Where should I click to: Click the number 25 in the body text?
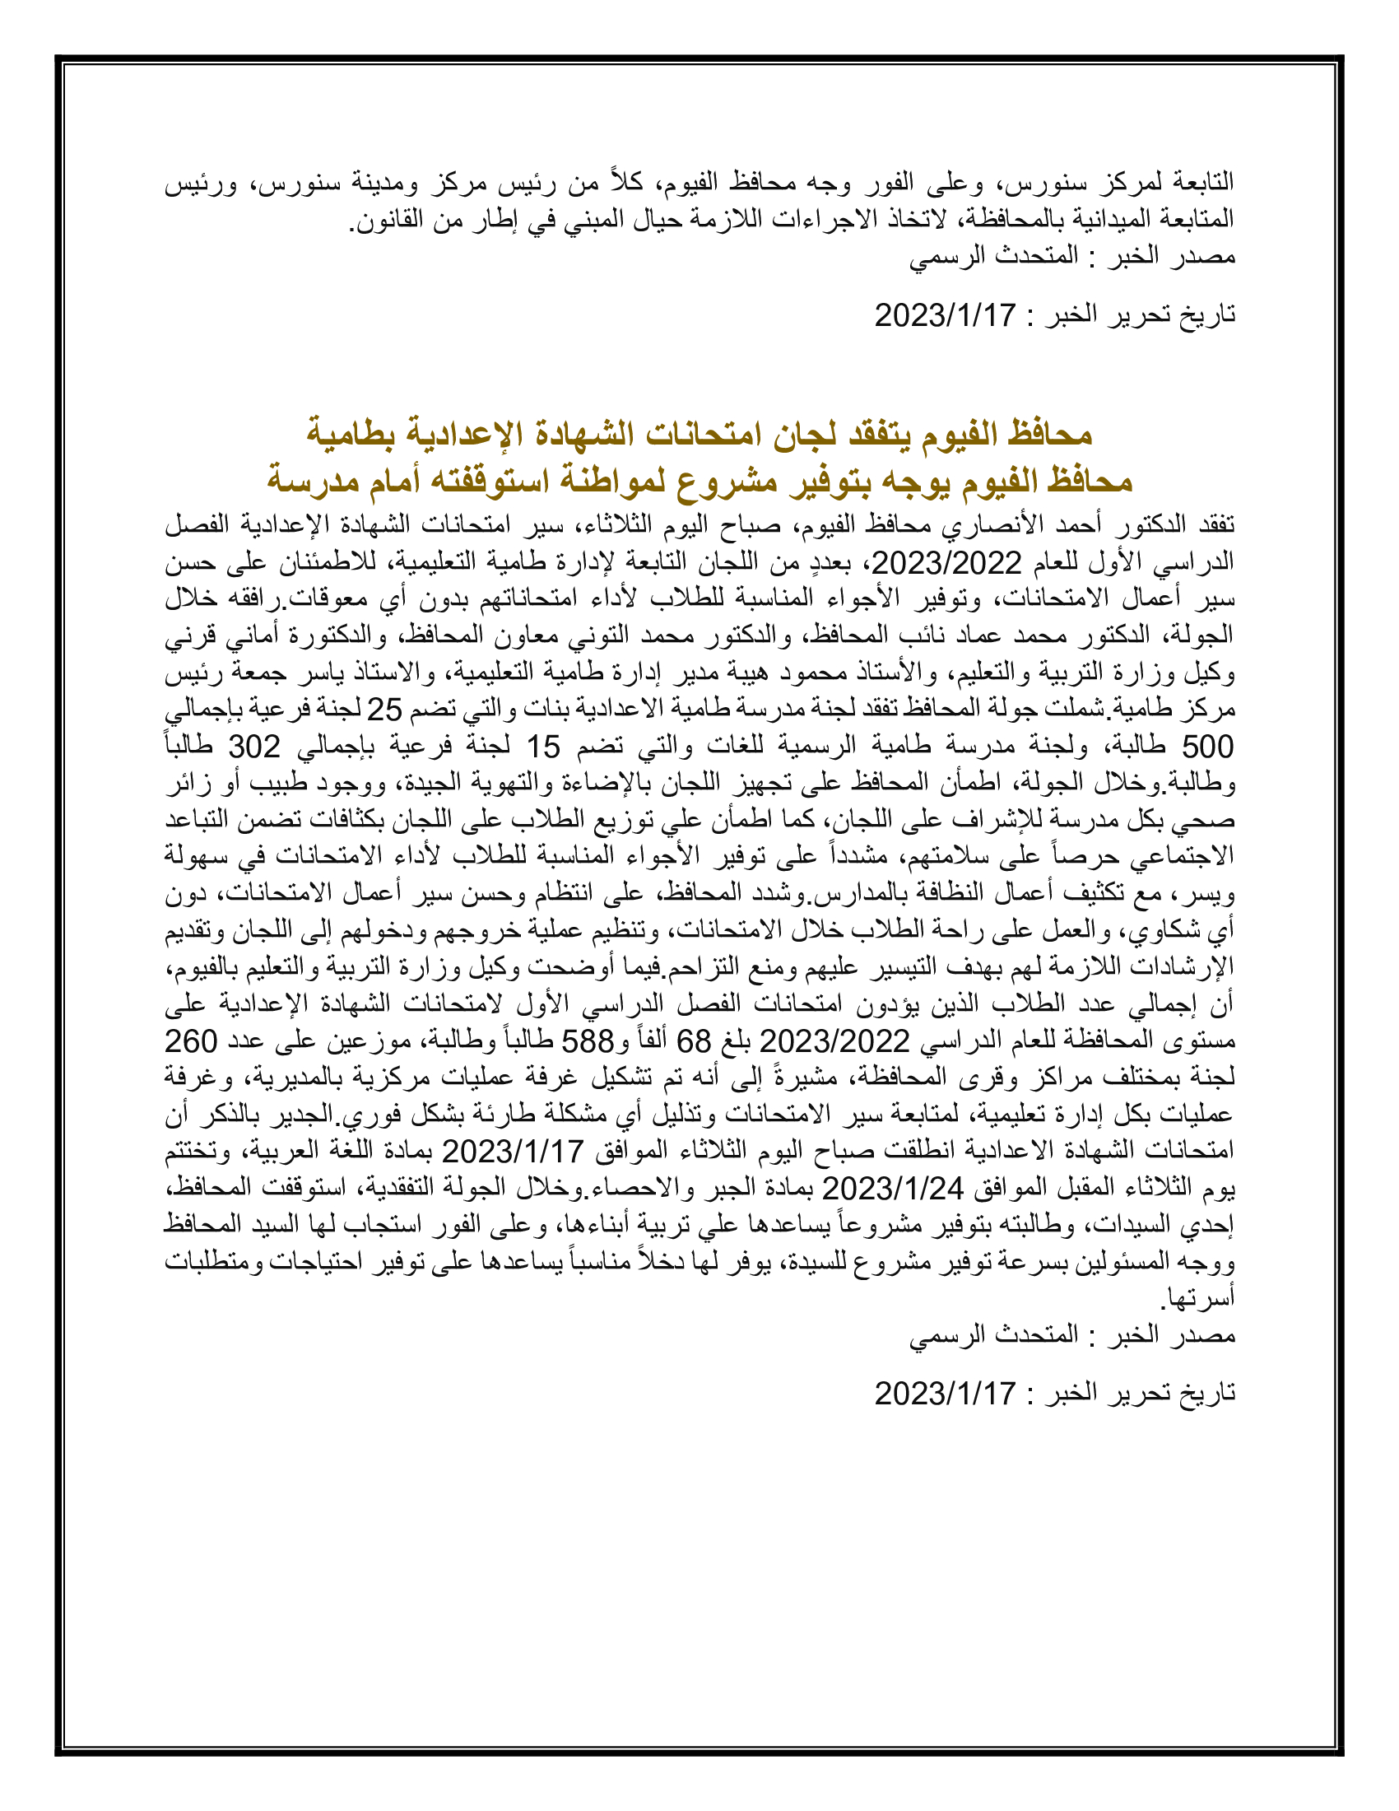[383, 710]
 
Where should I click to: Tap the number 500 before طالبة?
[1207, 747]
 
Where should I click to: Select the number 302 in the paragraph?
[254, 747]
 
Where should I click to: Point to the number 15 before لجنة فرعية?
[544, 747]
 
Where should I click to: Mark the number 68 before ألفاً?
[695, 1041]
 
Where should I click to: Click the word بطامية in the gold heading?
[352, 433]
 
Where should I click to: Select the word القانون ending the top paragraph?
[386, 220]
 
